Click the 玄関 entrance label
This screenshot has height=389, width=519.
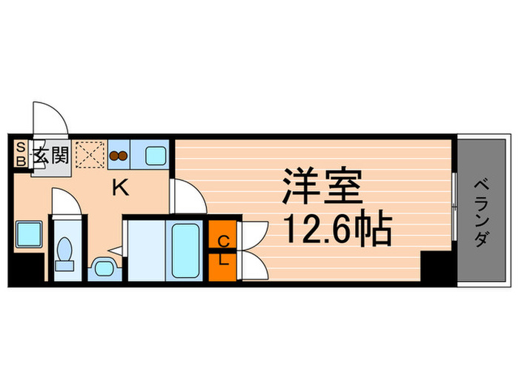tap(50, 156)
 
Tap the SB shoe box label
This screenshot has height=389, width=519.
tap(21, 153)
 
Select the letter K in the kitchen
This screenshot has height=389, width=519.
tap(119, 188)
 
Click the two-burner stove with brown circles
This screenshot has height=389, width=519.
tap(119, 156)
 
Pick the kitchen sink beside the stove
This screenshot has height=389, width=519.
tap(156, 156)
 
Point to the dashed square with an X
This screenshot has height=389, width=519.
tap(90, 156)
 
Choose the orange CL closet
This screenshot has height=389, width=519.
tap(223, 250)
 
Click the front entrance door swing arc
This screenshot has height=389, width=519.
tap(50, 118)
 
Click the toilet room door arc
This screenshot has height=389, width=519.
tap(65, 200)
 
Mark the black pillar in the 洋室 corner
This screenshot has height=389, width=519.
tap(435, 265)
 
